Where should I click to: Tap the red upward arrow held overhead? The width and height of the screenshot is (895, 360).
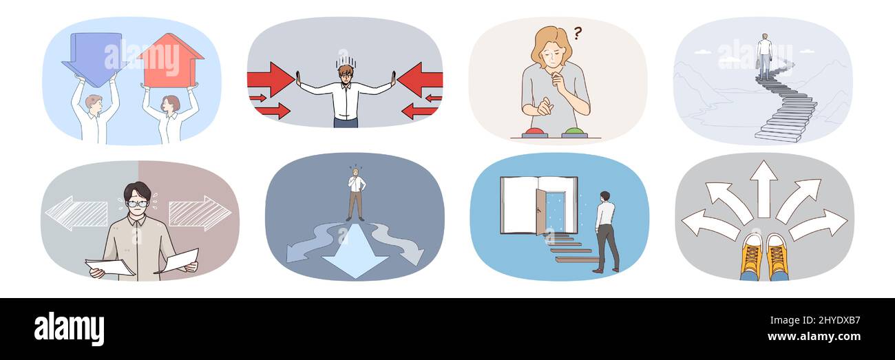[x=171, y=60]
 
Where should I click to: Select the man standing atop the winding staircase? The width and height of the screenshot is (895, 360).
[x=765, y=56]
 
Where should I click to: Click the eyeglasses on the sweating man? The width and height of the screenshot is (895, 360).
[x=137, y=203]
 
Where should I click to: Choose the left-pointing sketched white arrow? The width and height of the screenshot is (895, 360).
[x=76, y=213]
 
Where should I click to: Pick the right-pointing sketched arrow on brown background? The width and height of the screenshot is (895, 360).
[x=200, y=213]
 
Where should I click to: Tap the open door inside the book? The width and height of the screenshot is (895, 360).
[x=541, y=212]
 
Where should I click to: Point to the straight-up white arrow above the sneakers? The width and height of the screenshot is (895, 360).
[x=764, y=189]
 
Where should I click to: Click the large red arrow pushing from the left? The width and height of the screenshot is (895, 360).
[x=271, y=79]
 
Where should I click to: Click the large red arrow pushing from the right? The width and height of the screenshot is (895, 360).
[x=420, y=79]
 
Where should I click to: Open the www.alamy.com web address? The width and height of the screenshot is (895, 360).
[x=814, y=337]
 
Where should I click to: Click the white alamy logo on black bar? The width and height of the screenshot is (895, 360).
[x=69, y=328]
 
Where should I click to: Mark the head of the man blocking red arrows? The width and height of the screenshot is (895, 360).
[x=346, y=73]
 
